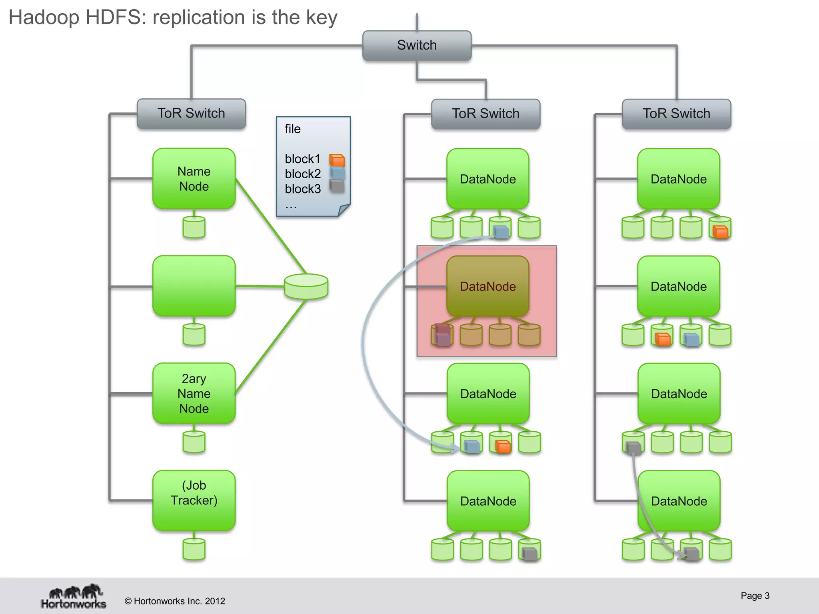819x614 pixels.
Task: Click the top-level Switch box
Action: (x=417, y=45)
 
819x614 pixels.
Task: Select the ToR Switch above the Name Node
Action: (x=191, y=114)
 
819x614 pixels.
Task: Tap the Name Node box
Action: (x=194, y=179)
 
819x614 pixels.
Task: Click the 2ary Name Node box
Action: (x=194, y=393)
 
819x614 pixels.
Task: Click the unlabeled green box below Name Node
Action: (x=194, y=286)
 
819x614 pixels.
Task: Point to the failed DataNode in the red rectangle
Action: (x=487, y=286)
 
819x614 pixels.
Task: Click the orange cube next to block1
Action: (x=337, y=160)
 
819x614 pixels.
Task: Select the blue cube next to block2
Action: (x=337, y=173)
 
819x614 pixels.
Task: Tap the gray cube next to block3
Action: (x=337, y=186)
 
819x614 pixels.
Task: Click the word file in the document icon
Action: (x=292, y=129)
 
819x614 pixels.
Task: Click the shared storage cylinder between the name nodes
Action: (x=306, y=286)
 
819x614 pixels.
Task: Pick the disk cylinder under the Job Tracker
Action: (x=194, y=549)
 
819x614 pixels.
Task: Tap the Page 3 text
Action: (x=755, y=596)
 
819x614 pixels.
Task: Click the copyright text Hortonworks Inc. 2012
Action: (x=175, y=601)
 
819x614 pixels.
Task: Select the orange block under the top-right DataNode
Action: (x=720, y=232)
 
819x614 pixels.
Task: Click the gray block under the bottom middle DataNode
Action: (x=530, y=554)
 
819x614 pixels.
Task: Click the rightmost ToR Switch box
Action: (x=676, y=114)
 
